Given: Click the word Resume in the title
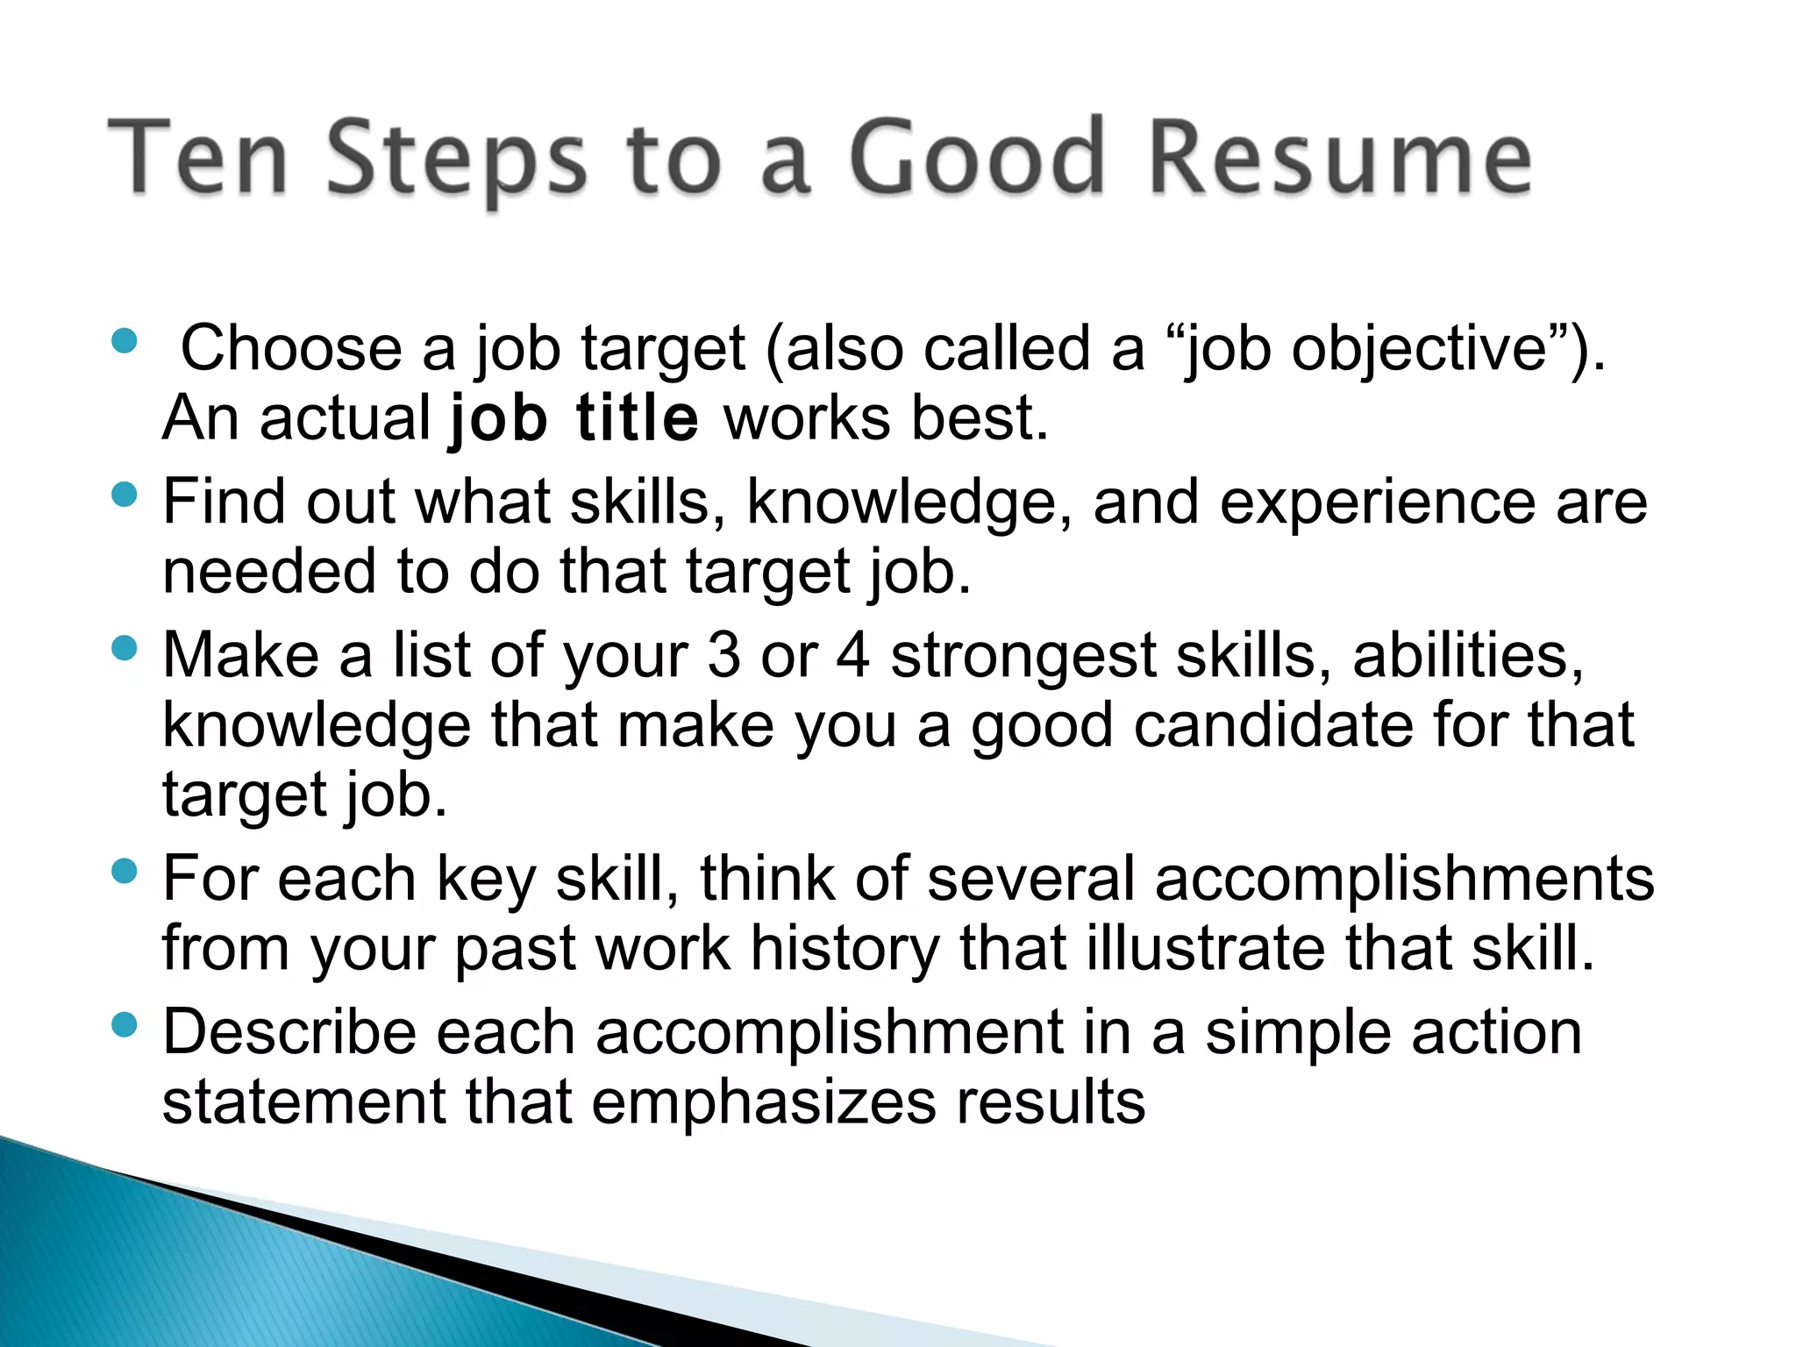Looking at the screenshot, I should point(1340,158).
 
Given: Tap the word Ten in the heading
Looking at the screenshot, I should point(198,158).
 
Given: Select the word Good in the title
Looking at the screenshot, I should point(976,158).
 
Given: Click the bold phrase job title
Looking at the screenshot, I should point(574,419).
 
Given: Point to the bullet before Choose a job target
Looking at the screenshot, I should point(125,340).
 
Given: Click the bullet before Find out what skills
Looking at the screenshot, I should point(125,495).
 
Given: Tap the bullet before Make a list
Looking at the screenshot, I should point(125,648).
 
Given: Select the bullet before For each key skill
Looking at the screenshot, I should point(125,871).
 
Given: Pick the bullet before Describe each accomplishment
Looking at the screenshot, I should point(125,1024).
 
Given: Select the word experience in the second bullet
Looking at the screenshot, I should point(1377,503).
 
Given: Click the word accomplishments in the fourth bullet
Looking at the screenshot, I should point(1404,880).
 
